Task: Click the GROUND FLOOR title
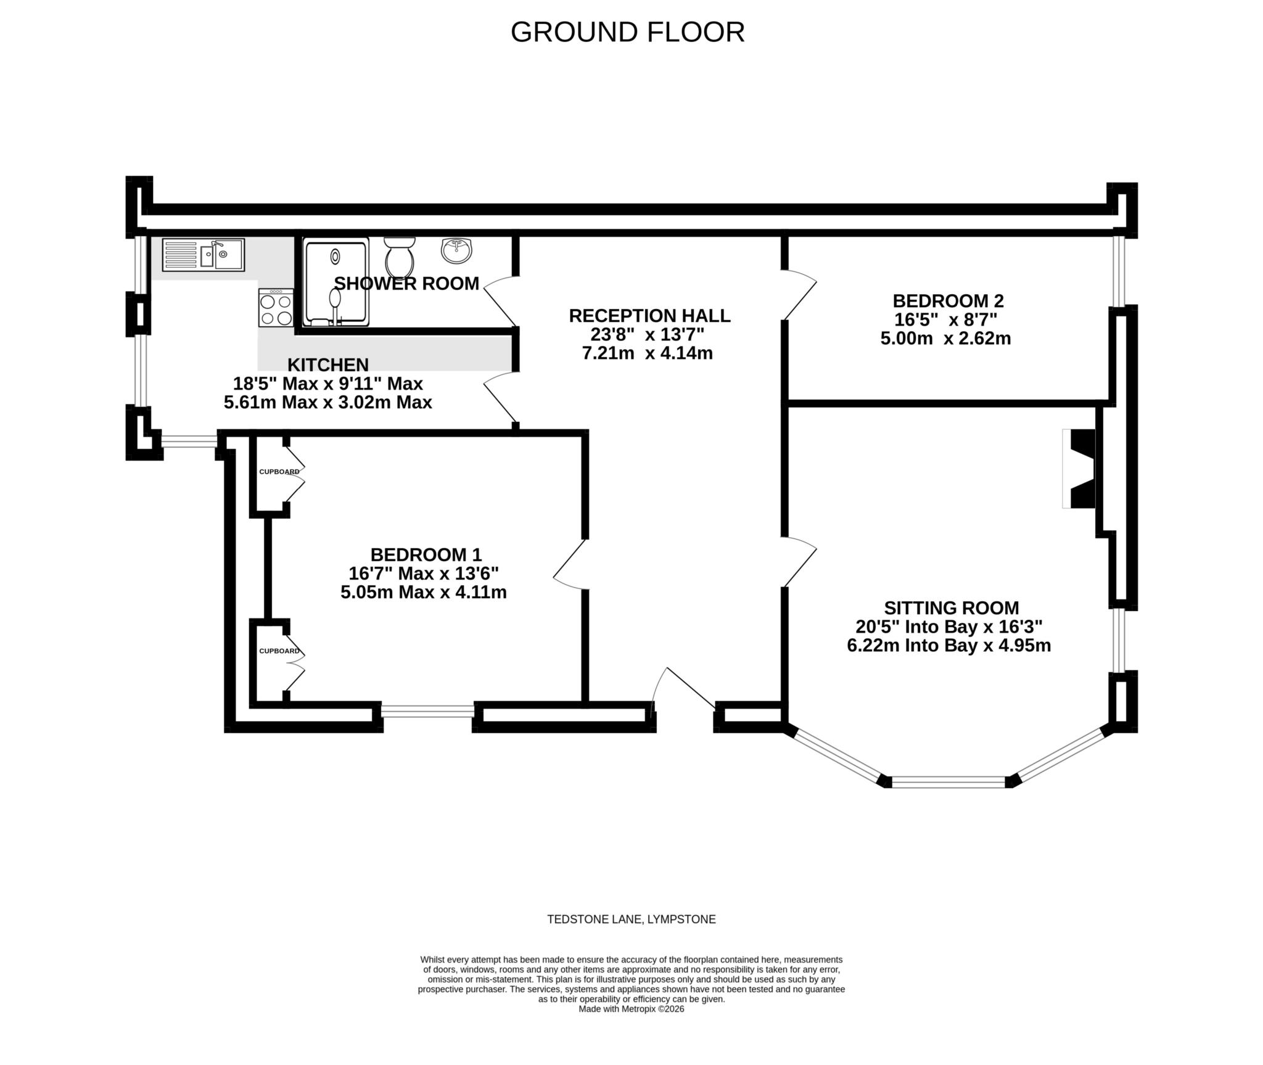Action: [x=627, y=32]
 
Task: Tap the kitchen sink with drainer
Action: [x=203, y=255]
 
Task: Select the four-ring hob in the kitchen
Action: [x=276, y=308]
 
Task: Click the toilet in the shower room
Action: [x=399, y=257]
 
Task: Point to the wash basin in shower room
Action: [x=456, y=250]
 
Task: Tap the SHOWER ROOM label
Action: [x=406, y=284]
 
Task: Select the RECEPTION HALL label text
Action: [x=649, y=316]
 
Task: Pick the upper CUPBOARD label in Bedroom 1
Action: [x=279, y=472]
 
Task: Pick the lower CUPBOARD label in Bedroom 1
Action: [x=279, y=651]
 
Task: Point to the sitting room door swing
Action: [x=800, y=561]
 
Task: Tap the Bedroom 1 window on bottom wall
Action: [x=427, y=711]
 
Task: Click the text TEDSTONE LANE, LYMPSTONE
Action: [x=631, y=919]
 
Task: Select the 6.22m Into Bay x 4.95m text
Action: [x=948, y=646]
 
